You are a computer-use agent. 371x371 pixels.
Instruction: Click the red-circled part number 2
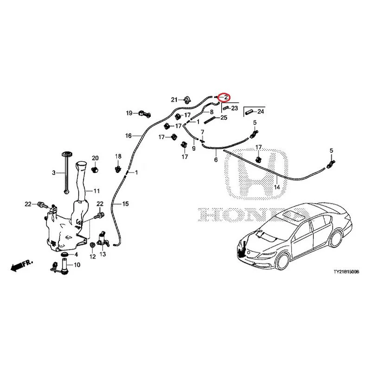(225, 97)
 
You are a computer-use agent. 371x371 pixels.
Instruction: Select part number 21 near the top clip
(174, 100)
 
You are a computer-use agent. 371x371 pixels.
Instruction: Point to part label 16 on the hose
(128, 136)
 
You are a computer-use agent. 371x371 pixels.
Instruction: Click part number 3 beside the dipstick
(54, 173)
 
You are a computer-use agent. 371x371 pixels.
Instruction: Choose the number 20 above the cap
(95, 159)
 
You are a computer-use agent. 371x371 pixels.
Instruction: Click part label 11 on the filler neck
(96, 191)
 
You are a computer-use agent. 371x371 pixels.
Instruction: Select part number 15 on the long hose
(125, 204)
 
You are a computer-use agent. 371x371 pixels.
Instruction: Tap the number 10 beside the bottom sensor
(77, 265)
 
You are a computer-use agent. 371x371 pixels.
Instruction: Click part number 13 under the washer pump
(102, 254)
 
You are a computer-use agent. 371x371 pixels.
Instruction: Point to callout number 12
(92, 256)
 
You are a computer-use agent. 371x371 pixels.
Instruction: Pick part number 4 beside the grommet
(76, 255)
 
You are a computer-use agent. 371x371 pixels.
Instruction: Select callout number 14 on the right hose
(277, 187)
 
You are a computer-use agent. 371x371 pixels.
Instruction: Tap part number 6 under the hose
(216, 160)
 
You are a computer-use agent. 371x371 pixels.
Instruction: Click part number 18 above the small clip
(118, 156)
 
